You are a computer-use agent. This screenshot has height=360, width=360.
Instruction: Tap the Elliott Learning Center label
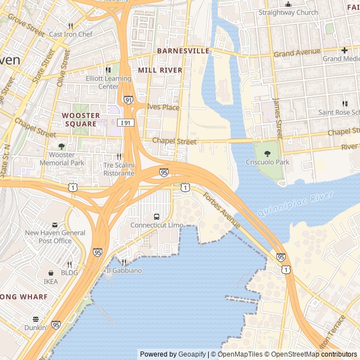coord(109,83)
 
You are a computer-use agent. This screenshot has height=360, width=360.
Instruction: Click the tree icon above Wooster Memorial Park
coord(61,146)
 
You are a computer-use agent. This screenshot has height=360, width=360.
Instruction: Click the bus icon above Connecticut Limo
coord(156,217)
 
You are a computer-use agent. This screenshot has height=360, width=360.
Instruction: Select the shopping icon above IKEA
coord(51,273)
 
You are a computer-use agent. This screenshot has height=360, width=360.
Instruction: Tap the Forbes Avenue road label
coord(222,211)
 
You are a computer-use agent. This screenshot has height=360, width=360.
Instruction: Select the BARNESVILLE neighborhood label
coord(183,51)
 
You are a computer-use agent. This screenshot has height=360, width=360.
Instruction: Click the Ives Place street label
coord(163,107)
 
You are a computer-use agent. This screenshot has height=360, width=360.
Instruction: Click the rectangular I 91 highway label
coord(126,122)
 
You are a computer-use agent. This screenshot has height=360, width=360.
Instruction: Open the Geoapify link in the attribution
coord(192,354)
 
